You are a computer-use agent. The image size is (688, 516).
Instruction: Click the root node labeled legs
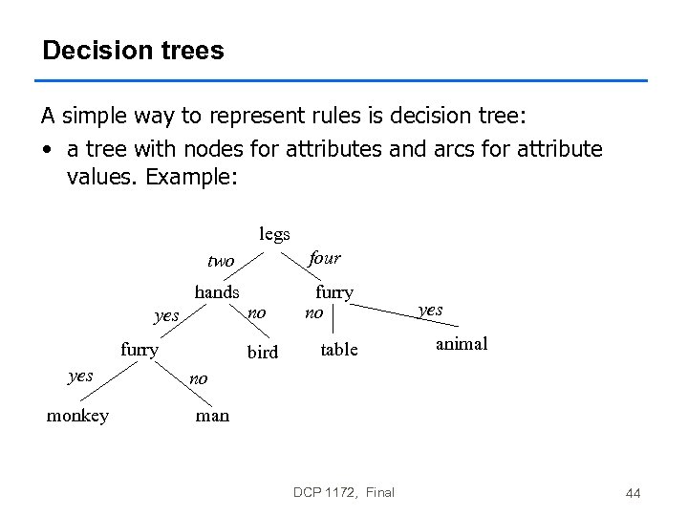[274, 234]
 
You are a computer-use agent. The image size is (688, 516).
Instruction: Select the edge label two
[220, 261]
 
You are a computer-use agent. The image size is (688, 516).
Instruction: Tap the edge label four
[324, 258]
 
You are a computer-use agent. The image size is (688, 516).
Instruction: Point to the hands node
[217, 292]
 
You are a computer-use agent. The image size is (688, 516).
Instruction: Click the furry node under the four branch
[334, 292]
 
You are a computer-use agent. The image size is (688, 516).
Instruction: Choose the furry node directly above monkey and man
[140, 350]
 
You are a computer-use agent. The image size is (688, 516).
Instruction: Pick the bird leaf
[263, 353]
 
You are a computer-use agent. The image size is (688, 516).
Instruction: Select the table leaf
[339, 350]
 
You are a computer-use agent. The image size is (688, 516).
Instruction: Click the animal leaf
[462, 344]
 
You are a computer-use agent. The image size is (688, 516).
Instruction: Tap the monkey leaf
[77, 416]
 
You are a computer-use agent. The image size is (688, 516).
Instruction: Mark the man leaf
[212, 416]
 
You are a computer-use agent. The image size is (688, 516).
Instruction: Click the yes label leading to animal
[431, 310]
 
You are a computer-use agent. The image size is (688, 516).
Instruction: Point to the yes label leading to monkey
[80, 376]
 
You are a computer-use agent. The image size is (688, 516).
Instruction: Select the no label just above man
[198, 378]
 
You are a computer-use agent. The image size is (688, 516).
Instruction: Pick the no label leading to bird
[256, 312]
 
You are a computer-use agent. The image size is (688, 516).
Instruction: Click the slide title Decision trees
[133, 51]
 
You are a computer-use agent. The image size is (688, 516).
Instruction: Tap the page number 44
[632, 493]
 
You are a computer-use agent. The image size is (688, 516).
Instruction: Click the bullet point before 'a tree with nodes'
[46, 150]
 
